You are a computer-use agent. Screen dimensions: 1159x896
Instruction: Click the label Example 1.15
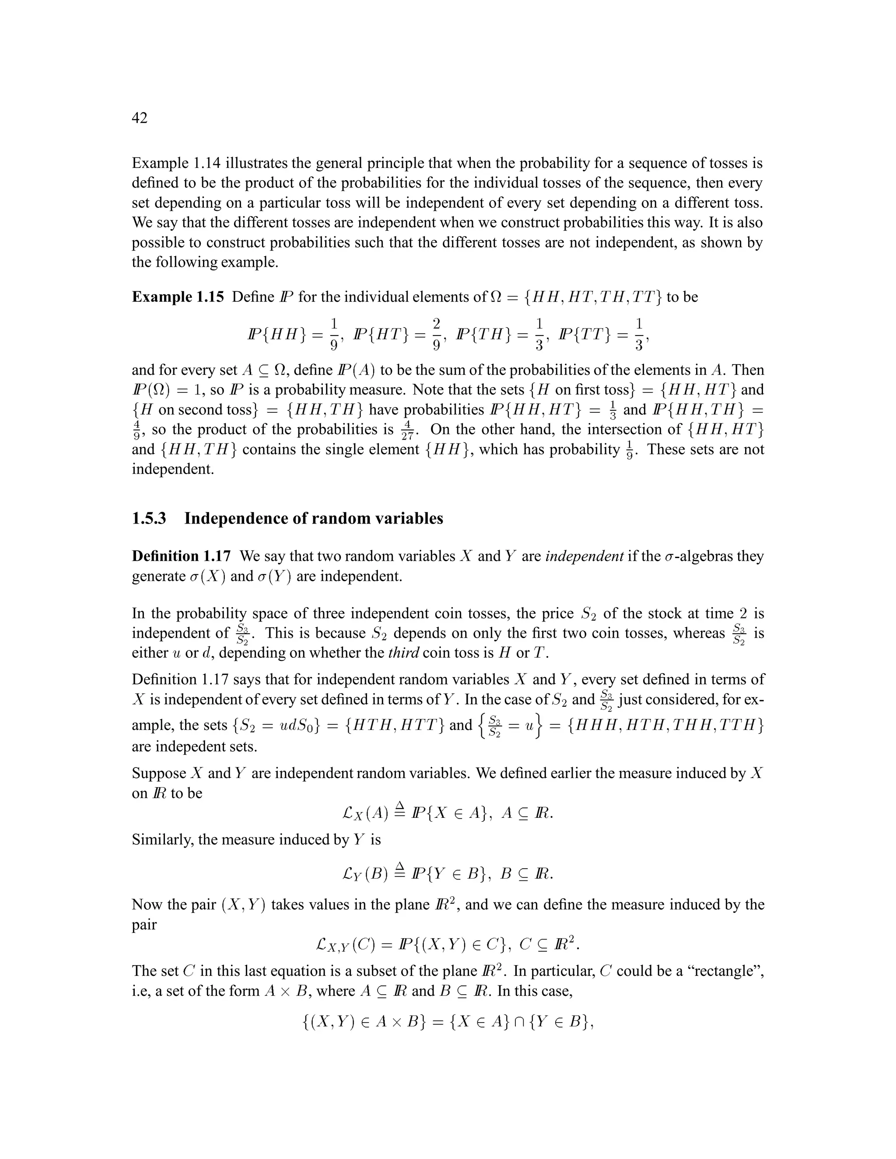coord(178,297)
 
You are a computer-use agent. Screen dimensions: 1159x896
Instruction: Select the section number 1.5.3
coord(149,518)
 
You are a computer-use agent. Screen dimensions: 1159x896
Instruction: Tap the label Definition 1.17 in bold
coord(181,556)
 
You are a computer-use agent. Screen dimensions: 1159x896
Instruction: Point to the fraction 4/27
coord(407,430)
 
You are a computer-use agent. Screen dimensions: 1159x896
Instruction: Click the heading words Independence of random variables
coord(313,518)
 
